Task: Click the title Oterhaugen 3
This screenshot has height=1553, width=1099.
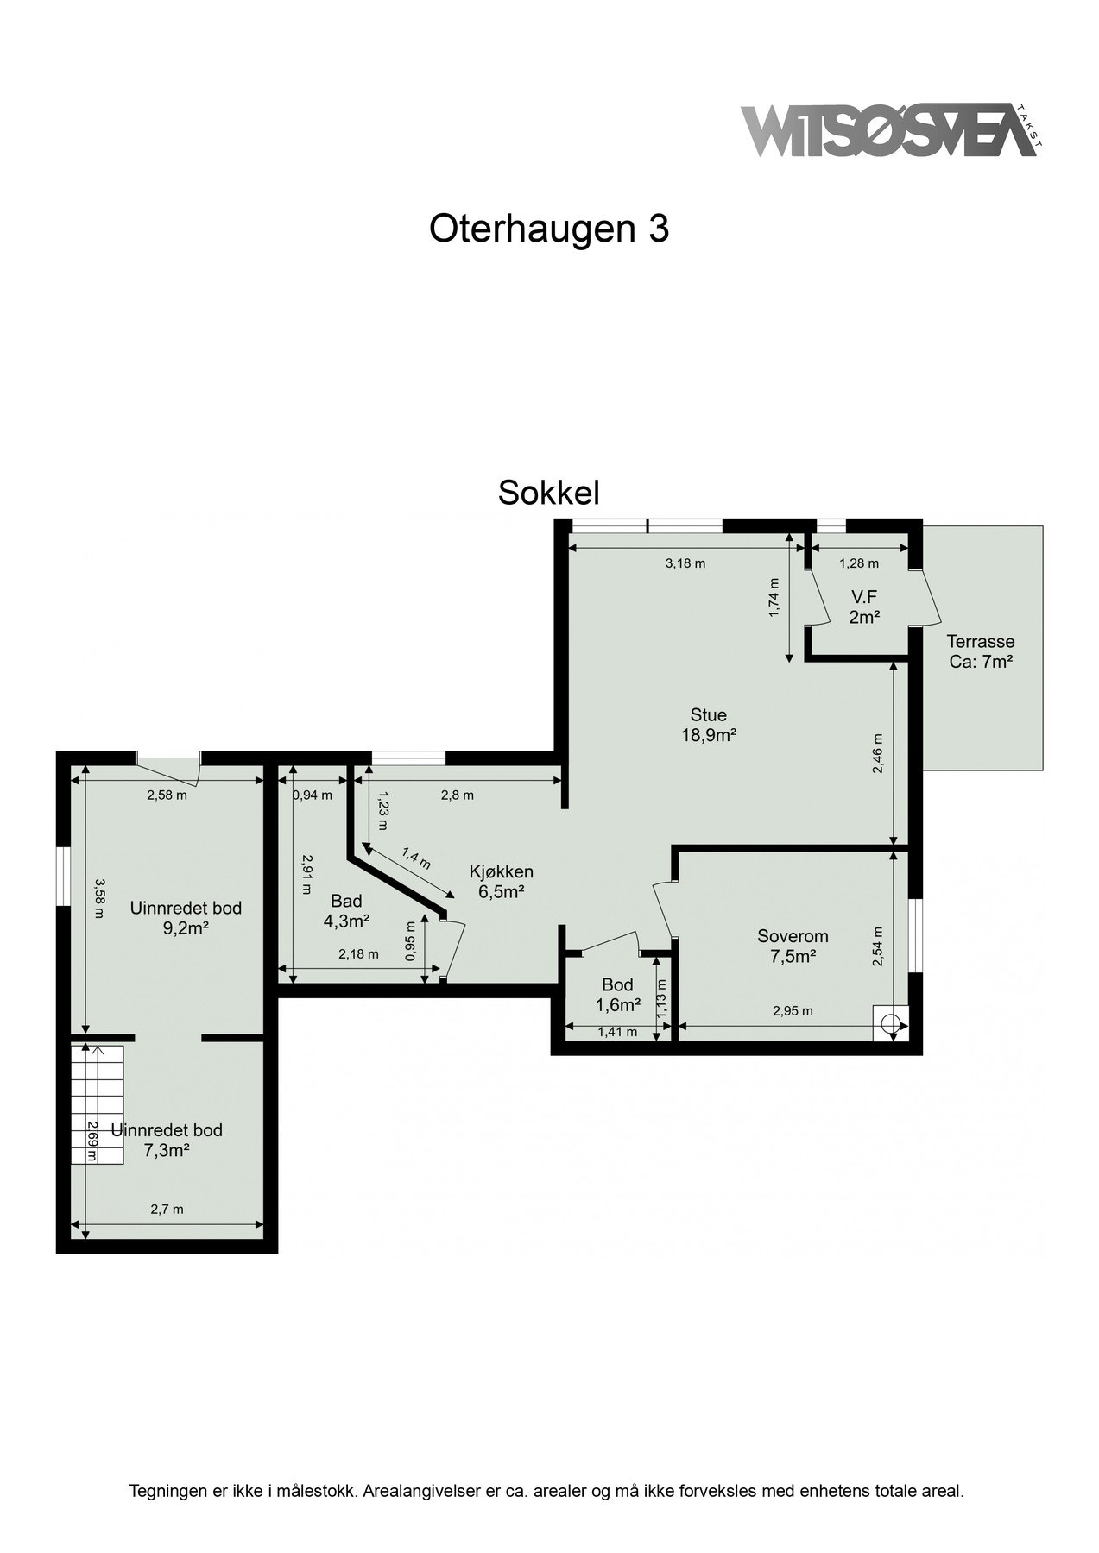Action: (x=549, y=229)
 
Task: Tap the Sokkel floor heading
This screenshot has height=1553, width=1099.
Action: (x=548, y=493)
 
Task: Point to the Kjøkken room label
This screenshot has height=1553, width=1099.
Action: (x=501, y=881)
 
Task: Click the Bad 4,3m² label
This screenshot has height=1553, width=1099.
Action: (x=346, y=911)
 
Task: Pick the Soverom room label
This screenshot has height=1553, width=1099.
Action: (x=793, y=946)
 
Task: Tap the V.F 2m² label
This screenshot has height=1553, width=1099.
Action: (x=864, y=607)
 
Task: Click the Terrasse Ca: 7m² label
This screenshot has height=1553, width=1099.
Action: (x=980, y=651)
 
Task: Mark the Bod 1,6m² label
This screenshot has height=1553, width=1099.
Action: (x=617, y=994)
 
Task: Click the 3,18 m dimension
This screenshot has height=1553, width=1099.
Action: (x=685, y=563)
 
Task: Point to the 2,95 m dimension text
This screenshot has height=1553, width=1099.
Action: (x=792, y=1011)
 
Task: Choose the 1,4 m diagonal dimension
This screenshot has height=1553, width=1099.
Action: (x=416, y=858)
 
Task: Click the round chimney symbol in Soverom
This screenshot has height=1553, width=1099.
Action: (x=890, y=1024)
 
